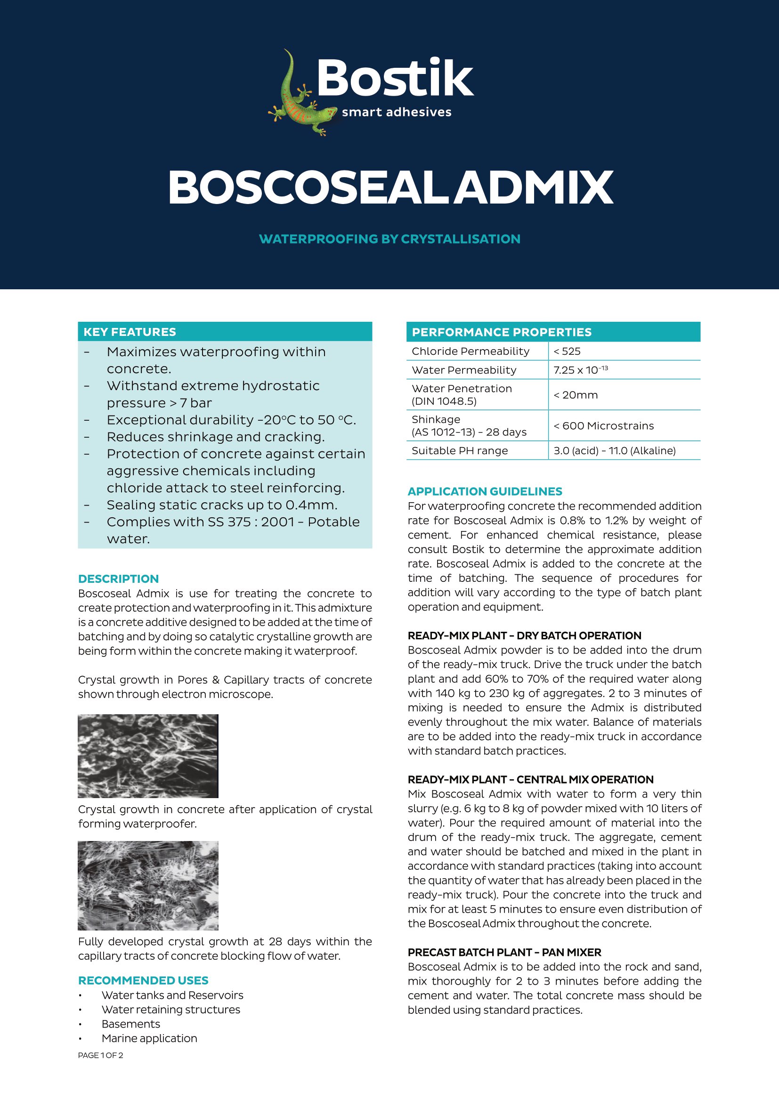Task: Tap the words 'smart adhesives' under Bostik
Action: point(396,112)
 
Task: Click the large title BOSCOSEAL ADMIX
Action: point(390,188)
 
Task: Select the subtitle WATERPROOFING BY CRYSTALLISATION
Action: point(389,239)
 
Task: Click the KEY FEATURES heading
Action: point(130,332)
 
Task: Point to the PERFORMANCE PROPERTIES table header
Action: point(501,332)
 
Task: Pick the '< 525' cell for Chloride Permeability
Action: point(567,351)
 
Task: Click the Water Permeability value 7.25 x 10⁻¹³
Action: point(580,370)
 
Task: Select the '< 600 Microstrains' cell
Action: point(603,426)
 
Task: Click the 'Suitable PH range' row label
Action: point(459,451)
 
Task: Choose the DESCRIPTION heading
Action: point(119,579)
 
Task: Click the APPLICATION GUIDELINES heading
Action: point(485,491)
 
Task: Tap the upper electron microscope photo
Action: point(148,756)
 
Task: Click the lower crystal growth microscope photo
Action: point(148,886)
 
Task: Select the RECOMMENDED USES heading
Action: point(144,980)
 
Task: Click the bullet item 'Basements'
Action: point(131,1024)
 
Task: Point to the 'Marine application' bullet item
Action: point(149,1038)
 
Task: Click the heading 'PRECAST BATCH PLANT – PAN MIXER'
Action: point(504,952)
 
